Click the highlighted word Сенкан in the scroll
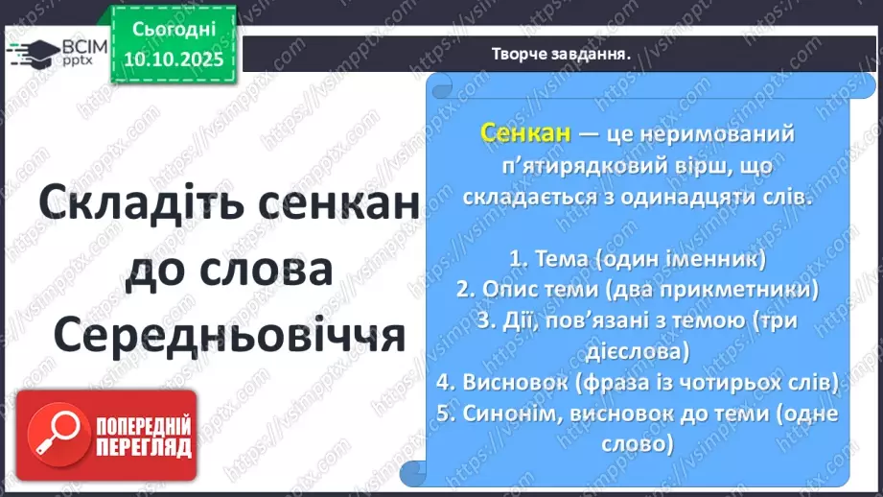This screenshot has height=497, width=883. (x=526, y=133)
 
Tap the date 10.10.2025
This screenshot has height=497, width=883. (x=172, y=59)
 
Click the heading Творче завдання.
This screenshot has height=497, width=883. (x=560, y=55)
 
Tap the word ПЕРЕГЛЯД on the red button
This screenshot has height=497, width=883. (x=143, y=448)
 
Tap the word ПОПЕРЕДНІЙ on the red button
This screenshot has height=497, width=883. (x=143, y=426)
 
